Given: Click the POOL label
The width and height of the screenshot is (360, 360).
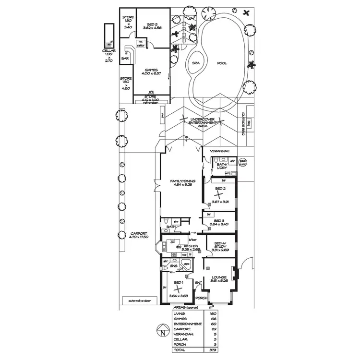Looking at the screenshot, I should (221, 63).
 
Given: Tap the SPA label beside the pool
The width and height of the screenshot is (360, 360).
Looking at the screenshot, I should (196, 63).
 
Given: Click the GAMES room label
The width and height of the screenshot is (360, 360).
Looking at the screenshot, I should (152, 70).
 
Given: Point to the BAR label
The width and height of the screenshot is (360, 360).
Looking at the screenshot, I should (125, 59).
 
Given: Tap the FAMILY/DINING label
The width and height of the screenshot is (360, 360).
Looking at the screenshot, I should (180, 181).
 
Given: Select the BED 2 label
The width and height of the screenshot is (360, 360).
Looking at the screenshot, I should (220, 189).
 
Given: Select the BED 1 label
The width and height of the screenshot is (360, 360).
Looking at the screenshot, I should (178, 283).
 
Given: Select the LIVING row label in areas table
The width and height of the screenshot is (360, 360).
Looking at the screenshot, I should (179, 313).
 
